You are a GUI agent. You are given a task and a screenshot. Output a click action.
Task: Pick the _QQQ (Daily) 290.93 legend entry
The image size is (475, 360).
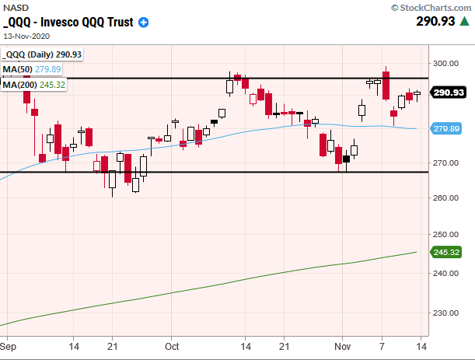coord(42,54)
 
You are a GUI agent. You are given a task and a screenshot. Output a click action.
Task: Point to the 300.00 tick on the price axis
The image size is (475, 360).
coord(444,64)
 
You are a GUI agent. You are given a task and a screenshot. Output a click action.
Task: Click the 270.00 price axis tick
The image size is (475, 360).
coord(444,163)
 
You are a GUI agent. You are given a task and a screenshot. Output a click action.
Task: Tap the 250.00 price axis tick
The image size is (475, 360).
coord(444,234)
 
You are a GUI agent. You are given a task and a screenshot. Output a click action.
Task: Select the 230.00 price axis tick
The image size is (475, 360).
coord(444,313)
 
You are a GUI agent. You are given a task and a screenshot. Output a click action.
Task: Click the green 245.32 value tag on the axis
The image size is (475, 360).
coord(446,253)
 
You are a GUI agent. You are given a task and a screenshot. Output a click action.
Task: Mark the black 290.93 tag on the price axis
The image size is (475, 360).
coord(446,93)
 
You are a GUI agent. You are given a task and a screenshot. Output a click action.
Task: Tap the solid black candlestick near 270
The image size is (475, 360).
coord(346,159)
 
